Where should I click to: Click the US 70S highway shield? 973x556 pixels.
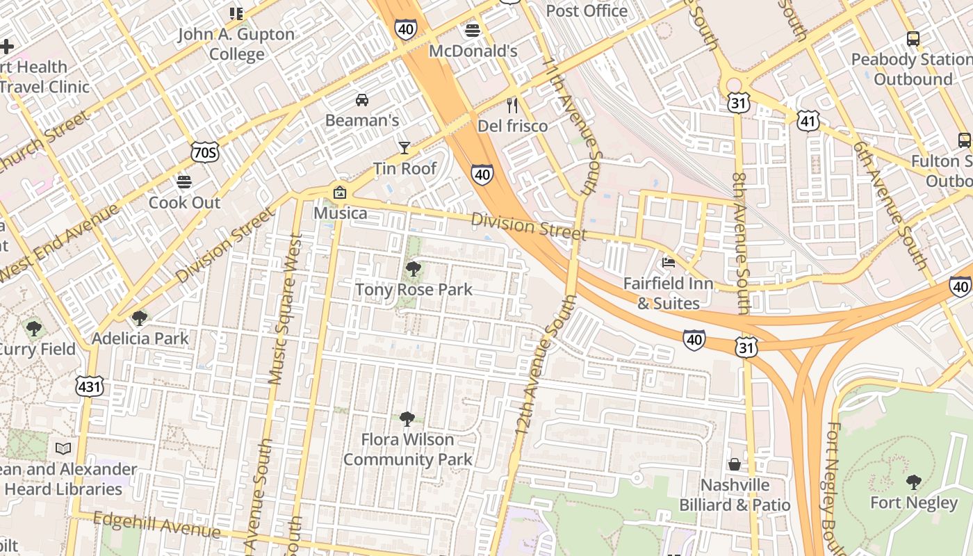204,152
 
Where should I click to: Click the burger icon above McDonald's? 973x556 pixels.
473,31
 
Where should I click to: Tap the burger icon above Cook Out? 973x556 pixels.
184,182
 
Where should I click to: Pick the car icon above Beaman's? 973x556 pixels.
362,99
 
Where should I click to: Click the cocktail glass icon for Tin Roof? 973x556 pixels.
404,147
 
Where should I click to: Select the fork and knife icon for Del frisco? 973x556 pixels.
512,106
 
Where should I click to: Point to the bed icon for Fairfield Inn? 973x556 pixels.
668,263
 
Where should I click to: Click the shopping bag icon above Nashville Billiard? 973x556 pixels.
735,464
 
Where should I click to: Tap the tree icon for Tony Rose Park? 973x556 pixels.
414,269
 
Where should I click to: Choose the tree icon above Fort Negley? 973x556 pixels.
913,482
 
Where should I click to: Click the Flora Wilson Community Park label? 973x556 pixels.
407,450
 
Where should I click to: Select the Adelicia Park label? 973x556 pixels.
140,338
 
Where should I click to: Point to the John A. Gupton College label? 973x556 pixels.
236,44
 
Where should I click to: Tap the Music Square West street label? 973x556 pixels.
285,310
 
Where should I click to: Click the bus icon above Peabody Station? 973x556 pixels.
913,39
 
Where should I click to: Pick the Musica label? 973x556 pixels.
340,213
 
